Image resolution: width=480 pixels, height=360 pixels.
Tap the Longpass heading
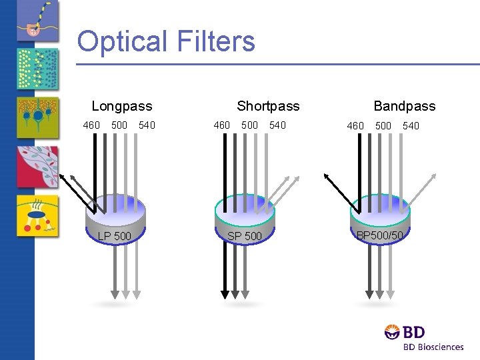point(122,106)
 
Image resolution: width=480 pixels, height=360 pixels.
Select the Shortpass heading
point(268,106)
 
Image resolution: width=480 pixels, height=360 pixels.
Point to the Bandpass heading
point(404,106)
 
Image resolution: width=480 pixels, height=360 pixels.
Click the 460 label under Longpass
point(91,125)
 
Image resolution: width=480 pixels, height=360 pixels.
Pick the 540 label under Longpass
point(147,125)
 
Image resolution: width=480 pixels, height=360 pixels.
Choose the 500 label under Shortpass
point(250,125)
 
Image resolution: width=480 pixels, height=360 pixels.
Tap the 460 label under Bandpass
point(355,125)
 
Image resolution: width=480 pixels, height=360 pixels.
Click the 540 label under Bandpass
point(411,125)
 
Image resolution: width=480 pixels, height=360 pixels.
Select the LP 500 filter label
point(115,236)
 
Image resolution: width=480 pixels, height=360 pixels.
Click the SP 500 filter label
point(245,236)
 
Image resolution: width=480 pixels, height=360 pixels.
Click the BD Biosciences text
point(433,347)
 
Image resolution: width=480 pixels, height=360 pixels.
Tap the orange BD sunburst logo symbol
point(392,332)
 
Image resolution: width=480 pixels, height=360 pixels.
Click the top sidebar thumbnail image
point(37,21)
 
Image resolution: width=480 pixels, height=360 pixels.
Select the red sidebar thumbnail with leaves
point(37,167)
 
